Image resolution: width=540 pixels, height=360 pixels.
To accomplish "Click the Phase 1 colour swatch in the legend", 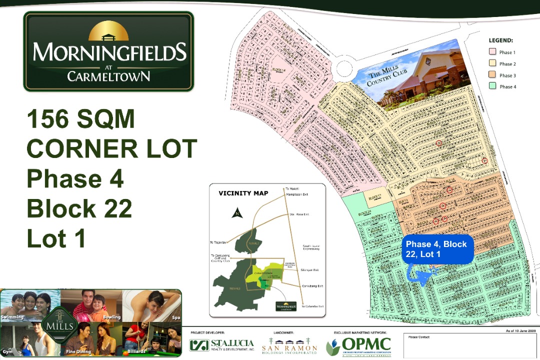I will pos(492,52).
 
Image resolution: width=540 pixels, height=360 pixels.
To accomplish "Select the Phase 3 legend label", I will pos(507,75).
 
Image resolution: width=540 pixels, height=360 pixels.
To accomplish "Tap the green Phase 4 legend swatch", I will pos(492,86).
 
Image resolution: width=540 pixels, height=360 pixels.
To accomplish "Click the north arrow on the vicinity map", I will pos(236,212).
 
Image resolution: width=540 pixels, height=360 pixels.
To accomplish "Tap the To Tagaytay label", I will pos(219,242).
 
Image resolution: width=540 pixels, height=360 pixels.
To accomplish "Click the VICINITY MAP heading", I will pos(243,193).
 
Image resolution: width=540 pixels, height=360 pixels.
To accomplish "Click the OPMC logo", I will pos(358,345).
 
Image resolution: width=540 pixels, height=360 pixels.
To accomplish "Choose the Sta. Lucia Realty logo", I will pos(221,345).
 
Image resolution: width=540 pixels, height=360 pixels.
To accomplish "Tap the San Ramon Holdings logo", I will pos(289,345).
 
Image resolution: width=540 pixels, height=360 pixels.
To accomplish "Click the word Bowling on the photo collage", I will pos(111,317).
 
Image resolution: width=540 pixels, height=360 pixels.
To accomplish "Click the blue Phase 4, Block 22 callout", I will pos(436,248).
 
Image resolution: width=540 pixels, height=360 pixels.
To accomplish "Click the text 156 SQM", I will pos(81,119).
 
